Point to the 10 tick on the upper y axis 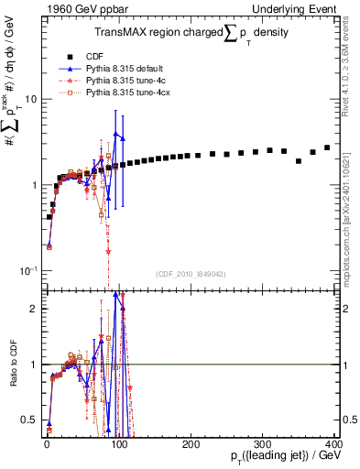[30, 99]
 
